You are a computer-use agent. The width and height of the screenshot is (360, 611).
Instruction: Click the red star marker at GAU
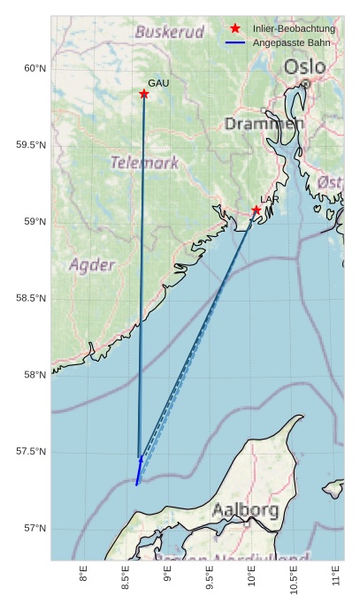143,94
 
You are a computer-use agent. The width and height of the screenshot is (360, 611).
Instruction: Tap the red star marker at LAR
257,210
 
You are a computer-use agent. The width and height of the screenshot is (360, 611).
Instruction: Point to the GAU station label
158,83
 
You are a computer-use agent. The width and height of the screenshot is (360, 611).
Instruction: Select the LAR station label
270,200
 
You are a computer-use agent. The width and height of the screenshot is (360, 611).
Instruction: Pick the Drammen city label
264,124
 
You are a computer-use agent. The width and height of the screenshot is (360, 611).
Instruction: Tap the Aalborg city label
245,510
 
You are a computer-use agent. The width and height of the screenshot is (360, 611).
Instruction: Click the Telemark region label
144,163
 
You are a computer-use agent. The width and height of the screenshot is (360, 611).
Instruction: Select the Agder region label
92,264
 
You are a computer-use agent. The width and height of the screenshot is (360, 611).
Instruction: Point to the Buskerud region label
169,32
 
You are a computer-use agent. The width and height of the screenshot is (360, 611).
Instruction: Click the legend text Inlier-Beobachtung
294,29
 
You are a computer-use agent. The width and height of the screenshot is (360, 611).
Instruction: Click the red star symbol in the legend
235,29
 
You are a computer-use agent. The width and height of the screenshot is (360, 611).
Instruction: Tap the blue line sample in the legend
235,42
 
